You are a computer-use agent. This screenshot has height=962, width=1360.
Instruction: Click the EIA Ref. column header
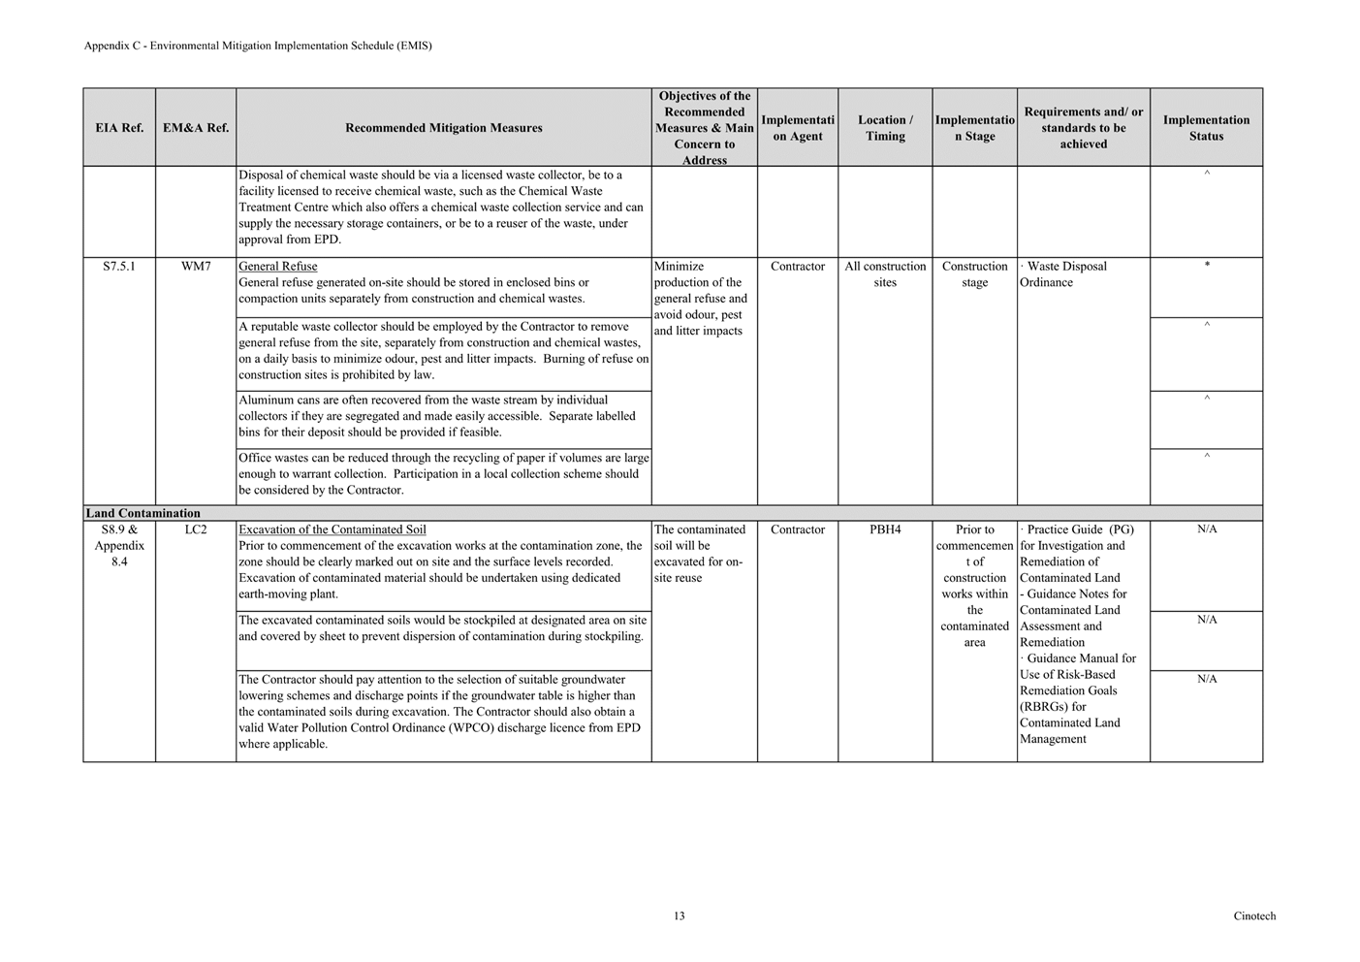[119, 128]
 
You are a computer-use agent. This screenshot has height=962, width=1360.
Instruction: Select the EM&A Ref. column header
[196, 128]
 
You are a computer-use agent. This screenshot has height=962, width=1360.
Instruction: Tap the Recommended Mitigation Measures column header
[443, 128]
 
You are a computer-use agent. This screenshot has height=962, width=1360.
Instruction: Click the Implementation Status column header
[1206, 128]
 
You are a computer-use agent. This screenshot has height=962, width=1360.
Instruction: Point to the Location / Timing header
[885, 128]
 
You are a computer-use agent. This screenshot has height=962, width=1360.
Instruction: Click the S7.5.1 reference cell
[119, 267]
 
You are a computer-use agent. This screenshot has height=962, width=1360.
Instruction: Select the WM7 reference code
[196, 267]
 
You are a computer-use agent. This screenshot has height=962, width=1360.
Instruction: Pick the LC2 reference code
[196, 530]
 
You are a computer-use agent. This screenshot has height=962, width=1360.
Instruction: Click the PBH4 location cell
[885, 530]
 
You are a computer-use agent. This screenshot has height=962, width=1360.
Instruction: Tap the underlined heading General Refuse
[278, 267]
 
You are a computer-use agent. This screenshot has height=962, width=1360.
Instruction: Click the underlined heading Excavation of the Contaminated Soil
[332, 530]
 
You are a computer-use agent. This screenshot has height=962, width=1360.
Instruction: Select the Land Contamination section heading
[143, 514]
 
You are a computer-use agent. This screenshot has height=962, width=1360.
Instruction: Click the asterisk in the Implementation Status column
[1207, 266]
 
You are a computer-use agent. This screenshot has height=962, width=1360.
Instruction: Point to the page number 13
[680, 916]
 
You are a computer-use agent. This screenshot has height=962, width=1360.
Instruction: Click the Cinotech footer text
[1254, 916]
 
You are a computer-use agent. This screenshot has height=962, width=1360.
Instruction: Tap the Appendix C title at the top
[258, 46]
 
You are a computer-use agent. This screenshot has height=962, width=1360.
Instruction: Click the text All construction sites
[885, 274]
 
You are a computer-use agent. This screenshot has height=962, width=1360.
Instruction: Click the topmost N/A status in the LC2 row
[1207, 529]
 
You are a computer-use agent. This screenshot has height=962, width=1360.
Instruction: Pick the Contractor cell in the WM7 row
[798, 267]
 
